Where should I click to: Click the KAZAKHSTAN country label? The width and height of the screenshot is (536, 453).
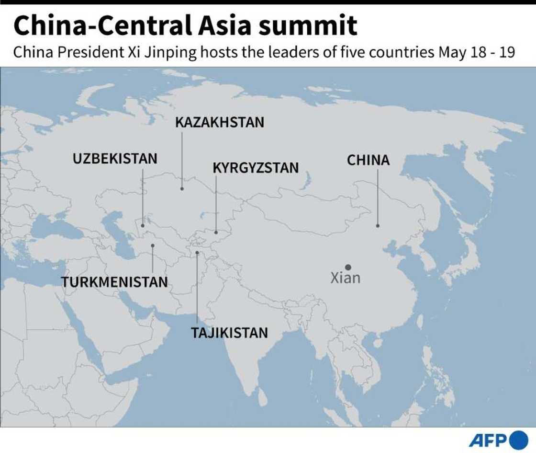click(220, 123)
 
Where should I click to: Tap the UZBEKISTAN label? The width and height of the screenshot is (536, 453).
click(115, 159)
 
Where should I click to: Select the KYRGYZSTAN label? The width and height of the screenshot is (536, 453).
click(256, 168)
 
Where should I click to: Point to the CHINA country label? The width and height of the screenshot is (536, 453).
click(368, 161)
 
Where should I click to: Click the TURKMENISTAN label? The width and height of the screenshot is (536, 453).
click(115, 282)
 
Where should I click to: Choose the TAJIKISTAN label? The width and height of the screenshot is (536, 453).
click(230, 333)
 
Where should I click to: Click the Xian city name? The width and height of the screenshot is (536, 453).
click(346, 278)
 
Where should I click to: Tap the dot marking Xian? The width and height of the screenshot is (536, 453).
click(348, 267)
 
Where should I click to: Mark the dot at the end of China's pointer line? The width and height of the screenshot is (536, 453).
click(378, 225)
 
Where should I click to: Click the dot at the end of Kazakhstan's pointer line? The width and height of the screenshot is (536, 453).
click(182, 189)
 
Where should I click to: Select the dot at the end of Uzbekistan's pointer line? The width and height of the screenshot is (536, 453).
click(143, 225)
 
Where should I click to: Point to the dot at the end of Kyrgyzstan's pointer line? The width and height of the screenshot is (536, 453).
click(215, 232)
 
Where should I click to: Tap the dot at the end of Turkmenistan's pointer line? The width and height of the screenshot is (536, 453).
click(153, 245)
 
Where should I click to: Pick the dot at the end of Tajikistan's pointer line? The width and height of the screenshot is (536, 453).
click(197, 253)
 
